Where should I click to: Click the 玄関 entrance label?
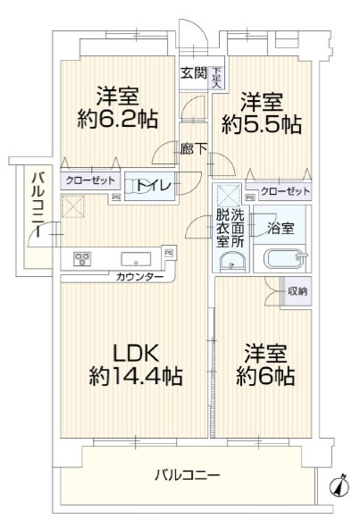click(194, 73)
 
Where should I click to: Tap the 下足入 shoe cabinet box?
click(217, 79)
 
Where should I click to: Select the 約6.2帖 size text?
click(118, 119)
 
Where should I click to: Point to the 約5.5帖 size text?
click(261, 124)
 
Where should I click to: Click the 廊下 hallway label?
click(193, 149)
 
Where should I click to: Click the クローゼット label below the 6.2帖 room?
click(90, 180)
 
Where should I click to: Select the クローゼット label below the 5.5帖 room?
click(285, 191)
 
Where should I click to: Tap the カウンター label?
click(139, 277)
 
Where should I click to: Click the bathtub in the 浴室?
click(285, 259)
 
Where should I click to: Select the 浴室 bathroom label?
click(281, 229)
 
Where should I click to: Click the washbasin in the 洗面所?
click(232, 262)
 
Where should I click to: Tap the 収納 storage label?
click(297, 291)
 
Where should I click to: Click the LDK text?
click(136, 354)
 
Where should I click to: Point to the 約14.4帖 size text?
click(136, 376)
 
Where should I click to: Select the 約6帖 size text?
click(265, 376)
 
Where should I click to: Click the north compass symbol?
click(339, 486)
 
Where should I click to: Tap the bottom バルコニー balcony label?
click(188, 475)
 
